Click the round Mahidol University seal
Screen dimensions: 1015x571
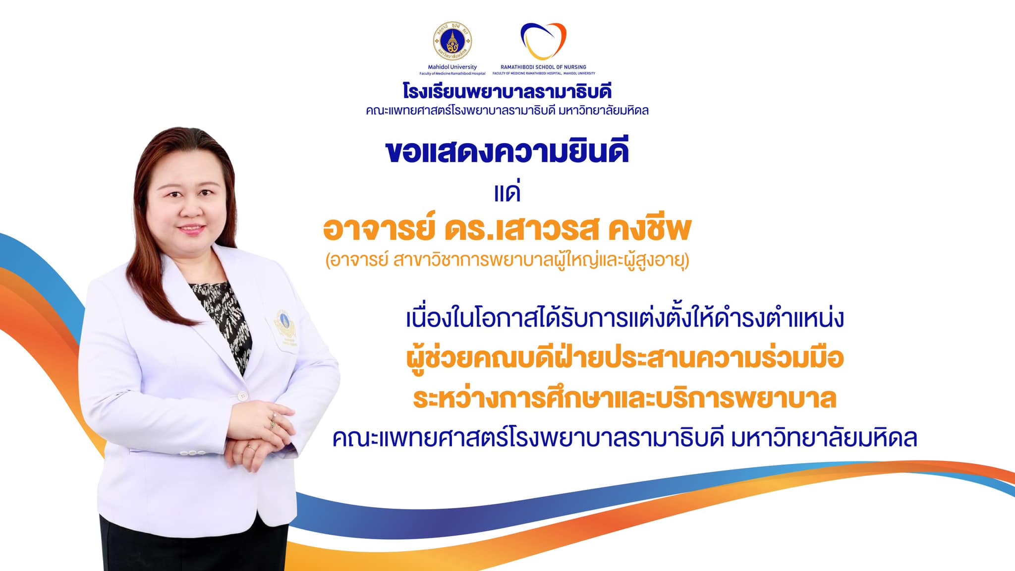(452, 41)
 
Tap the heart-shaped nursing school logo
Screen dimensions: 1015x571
(543, 41)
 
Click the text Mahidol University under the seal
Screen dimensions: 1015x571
(452, 67)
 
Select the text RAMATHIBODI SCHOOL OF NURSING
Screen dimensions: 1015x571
(543, 67)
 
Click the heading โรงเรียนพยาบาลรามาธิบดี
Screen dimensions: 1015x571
(507, 91)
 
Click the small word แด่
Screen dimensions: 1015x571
(507, 192)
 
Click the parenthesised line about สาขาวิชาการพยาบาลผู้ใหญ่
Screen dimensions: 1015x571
(507, 260)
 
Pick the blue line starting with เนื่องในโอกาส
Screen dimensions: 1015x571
(624, 318)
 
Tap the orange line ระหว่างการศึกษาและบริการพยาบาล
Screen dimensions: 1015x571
(624, 398)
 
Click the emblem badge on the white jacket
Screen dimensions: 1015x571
(285, 327)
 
